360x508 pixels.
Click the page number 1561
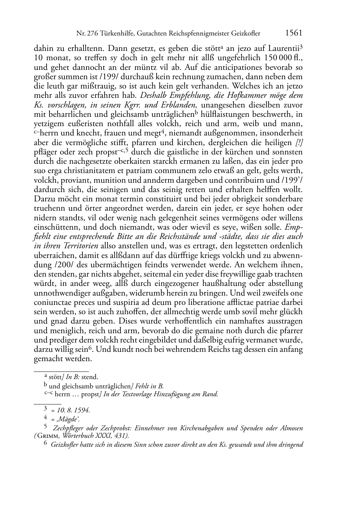294,33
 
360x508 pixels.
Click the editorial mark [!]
299,143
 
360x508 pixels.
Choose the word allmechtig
194,312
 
